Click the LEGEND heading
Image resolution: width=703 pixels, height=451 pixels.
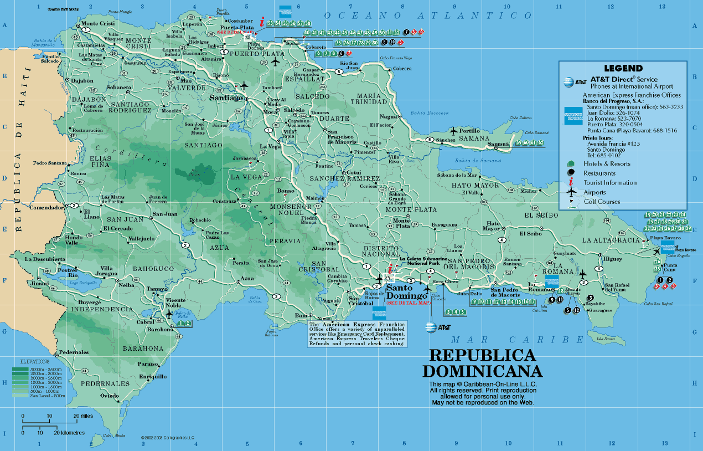[x=623, y=69]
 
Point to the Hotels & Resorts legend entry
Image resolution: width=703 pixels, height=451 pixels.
[x=607, y=164]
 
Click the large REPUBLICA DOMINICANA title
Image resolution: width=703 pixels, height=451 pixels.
[x=482, y=363]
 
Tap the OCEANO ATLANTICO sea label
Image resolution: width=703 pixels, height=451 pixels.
[x=420, y=16]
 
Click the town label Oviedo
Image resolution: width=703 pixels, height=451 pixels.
[x=110, y=396]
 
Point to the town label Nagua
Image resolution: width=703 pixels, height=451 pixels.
[x=389, y=116]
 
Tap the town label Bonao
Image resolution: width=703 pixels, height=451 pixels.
[x=286, y=191]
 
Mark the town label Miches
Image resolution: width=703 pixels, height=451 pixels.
[x=529, y=191]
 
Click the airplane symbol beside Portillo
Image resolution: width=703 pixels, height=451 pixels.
[x=455, y=131]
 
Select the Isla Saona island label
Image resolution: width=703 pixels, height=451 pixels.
[x=606, y=339]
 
